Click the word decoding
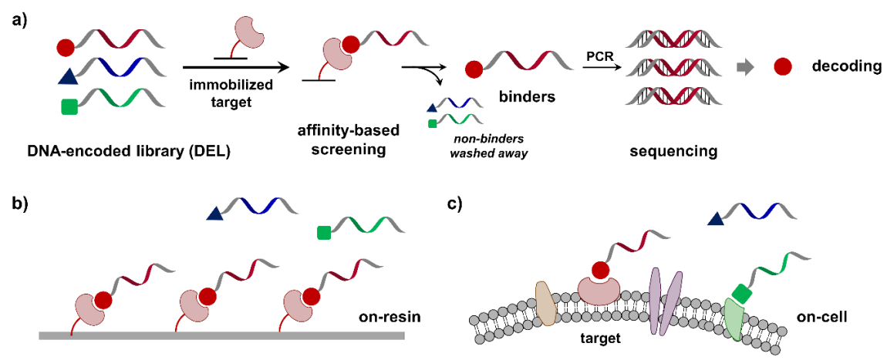[846, 66]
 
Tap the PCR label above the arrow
[599, 56]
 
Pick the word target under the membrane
[602, 337]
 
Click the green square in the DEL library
[69, 108]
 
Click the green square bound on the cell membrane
[741, 293]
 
